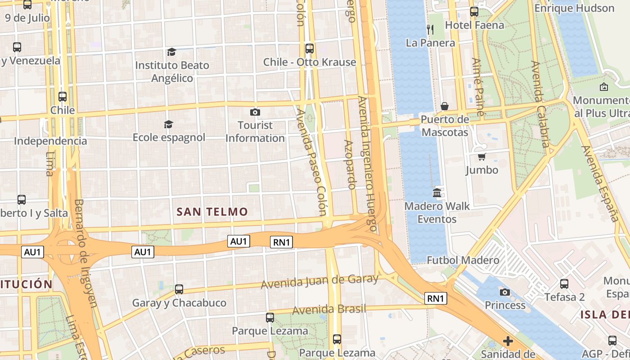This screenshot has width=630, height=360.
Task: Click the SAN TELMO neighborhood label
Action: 212,211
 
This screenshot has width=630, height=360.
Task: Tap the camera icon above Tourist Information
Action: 255,112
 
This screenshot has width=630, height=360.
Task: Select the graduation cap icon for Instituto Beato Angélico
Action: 171,52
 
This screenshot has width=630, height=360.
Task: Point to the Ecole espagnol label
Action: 169,137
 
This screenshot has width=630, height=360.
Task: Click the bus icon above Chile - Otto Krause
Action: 309,49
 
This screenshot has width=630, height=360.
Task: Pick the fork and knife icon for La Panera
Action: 430,30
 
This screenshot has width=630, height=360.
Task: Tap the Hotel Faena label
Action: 474,25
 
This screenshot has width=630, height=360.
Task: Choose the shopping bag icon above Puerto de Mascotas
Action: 445,106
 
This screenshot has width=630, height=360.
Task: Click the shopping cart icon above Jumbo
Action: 481,157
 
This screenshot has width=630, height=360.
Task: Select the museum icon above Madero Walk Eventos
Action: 437,193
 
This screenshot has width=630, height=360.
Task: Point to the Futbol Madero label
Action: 463,260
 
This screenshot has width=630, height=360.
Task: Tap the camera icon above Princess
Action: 505,292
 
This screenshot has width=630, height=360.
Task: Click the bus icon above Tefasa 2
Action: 564,284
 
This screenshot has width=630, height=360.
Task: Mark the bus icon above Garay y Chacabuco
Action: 179,289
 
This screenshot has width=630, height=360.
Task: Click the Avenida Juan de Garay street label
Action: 319,282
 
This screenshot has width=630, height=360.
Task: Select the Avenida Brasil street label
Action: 329,310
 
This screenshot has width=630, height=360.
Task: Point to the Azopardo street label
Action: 350,164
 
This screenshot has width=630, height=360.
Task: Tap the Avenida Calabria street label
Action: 540,104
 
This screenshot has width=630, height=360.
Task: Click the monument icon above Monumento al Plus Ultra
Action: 604,87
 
